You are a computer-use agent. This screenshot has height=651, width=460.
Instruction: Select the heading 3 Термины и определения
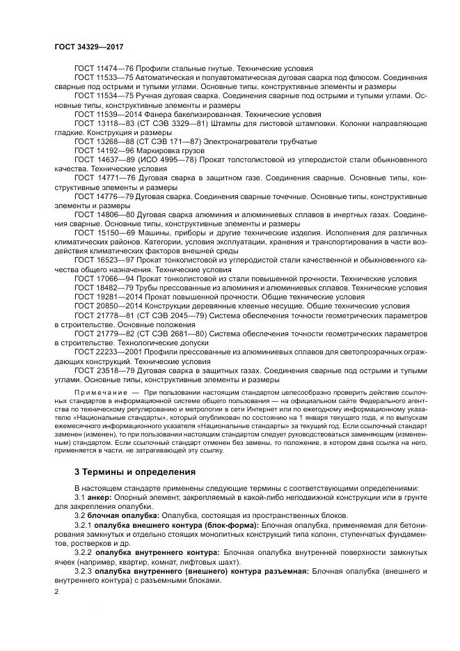point(135,471)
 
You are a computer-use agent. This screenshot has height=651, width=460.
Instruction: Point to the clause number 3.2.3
point(84,570)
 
